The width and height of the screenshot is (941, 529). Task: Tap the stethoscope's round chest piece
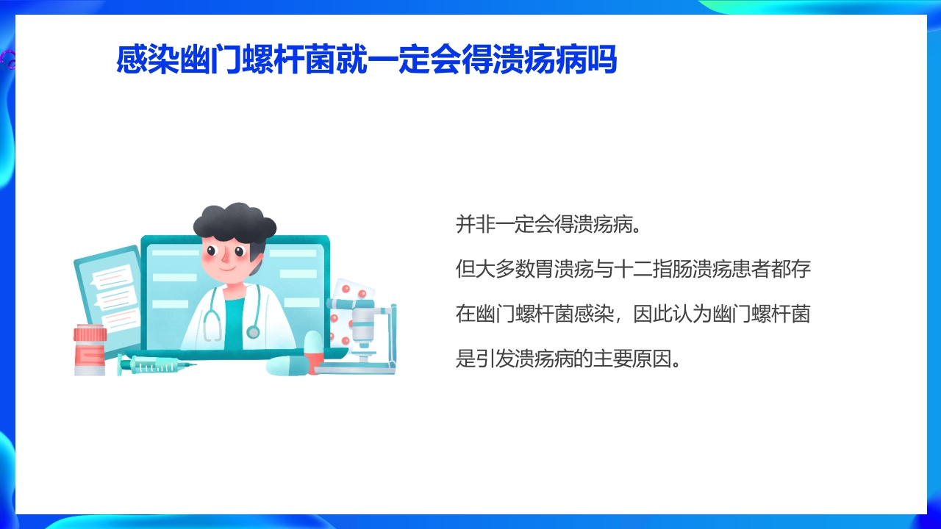click(253, 332)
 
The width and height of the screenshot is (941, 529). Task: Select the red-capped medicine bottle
click(90, 350)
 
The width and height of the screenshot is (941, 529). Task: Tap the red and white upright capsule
click(313, 351)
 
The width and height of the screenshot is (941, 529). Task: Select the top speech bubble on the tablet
click(110, 278)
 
